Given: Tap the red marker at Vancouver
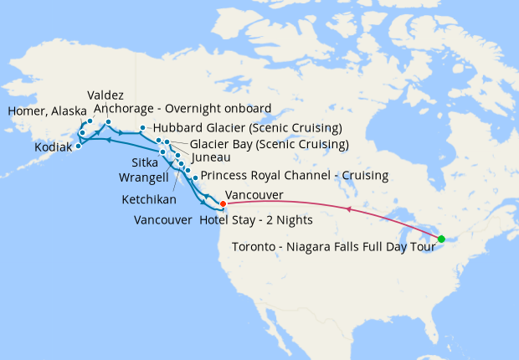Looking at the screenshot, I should pos(223,203).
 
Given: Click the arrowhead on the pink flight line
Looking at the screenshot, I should pos(349,209).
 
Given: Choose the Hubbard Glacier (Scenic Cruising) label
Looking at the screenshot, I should pos(247,128).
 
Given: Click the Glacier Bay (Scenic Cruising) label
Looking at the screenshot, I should pos(257,144).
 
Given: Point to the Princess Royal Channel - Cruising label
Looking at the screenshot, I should pos(295,176).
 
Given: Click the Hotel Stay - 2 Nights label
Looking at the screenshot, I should pos(256,220).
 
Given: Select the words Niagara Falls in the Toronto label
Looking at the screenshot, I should pos(337,246).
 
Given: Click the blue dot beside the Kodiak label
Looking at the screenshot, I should pos(78,146).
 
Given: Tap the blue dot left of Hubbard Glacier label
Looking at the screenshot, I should pos(143,128).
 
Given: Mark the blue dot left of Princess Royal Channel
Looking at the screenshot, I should pos(195,178).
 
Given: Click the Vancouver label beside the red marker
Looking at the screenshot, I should pos(254,194).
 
